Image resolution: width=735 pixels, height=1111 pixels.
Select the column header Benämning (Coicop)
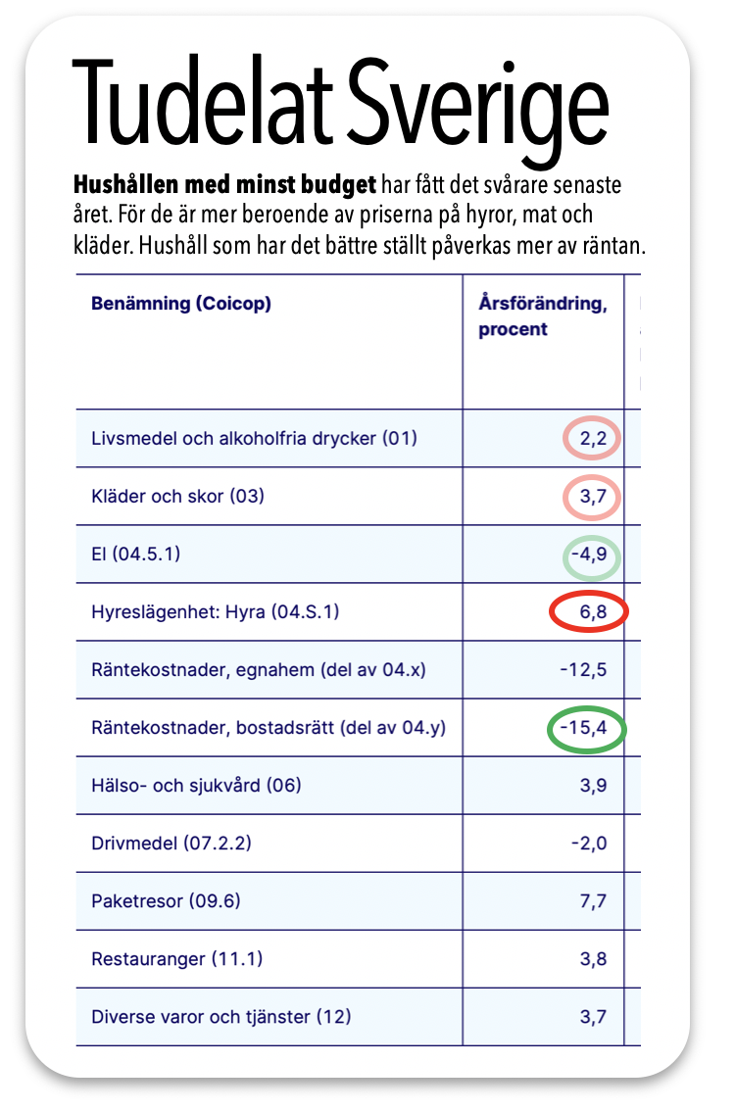pos(181,303)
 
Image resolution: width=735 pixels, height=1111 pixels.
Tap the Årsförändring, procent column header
pos(542,315)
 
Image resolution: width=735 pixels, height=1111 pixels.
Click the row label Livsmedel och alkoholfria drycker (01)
pos(254,438)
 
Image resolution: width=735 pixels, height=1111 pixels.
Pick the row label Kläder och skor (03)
pos(177,496)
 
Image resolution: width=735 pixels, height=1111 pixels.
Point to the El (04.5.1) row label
pos(135,554)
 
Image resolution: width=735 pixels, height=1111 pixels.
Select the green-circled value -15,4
pos(586,728)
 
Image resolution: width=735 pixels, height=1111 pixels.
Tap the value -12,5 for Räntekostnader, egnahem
pos(586,670)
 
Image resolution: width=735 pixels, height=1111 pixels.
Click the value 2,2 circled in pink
pos(593,438)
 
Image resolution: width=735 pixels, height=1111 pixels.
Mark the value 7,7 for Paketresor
pos(593,901)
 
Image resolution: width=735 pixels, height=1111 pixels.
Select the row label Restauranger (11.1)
pos(176,958)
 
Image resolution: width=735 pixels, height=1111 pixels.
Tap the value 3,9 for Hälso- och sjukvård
pos(593,786)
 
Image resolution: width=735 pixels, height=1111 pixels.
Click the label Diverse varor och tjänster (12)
pos(220,1016)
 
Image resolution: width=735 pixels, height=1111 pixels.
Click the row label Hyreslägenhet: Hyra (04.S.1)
pos(215,612)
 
